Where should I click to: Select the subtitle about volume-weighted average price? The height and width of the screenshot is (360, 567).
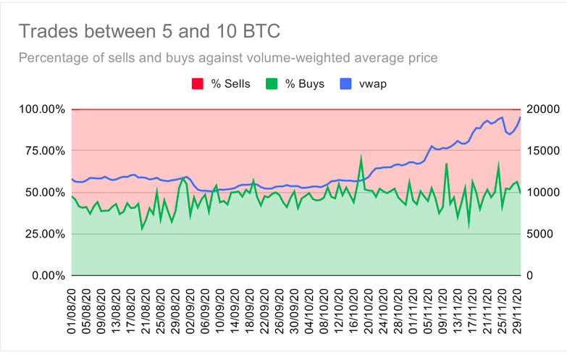pyautogui.click(x=229, y=57)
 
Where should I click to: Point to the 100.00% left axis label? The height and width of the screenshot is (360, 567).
pyautogui.click(x=42, y=109)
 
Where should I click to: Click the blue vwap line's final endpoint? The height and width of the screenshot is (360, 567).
pyautogui.click(x=520, y=117)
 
